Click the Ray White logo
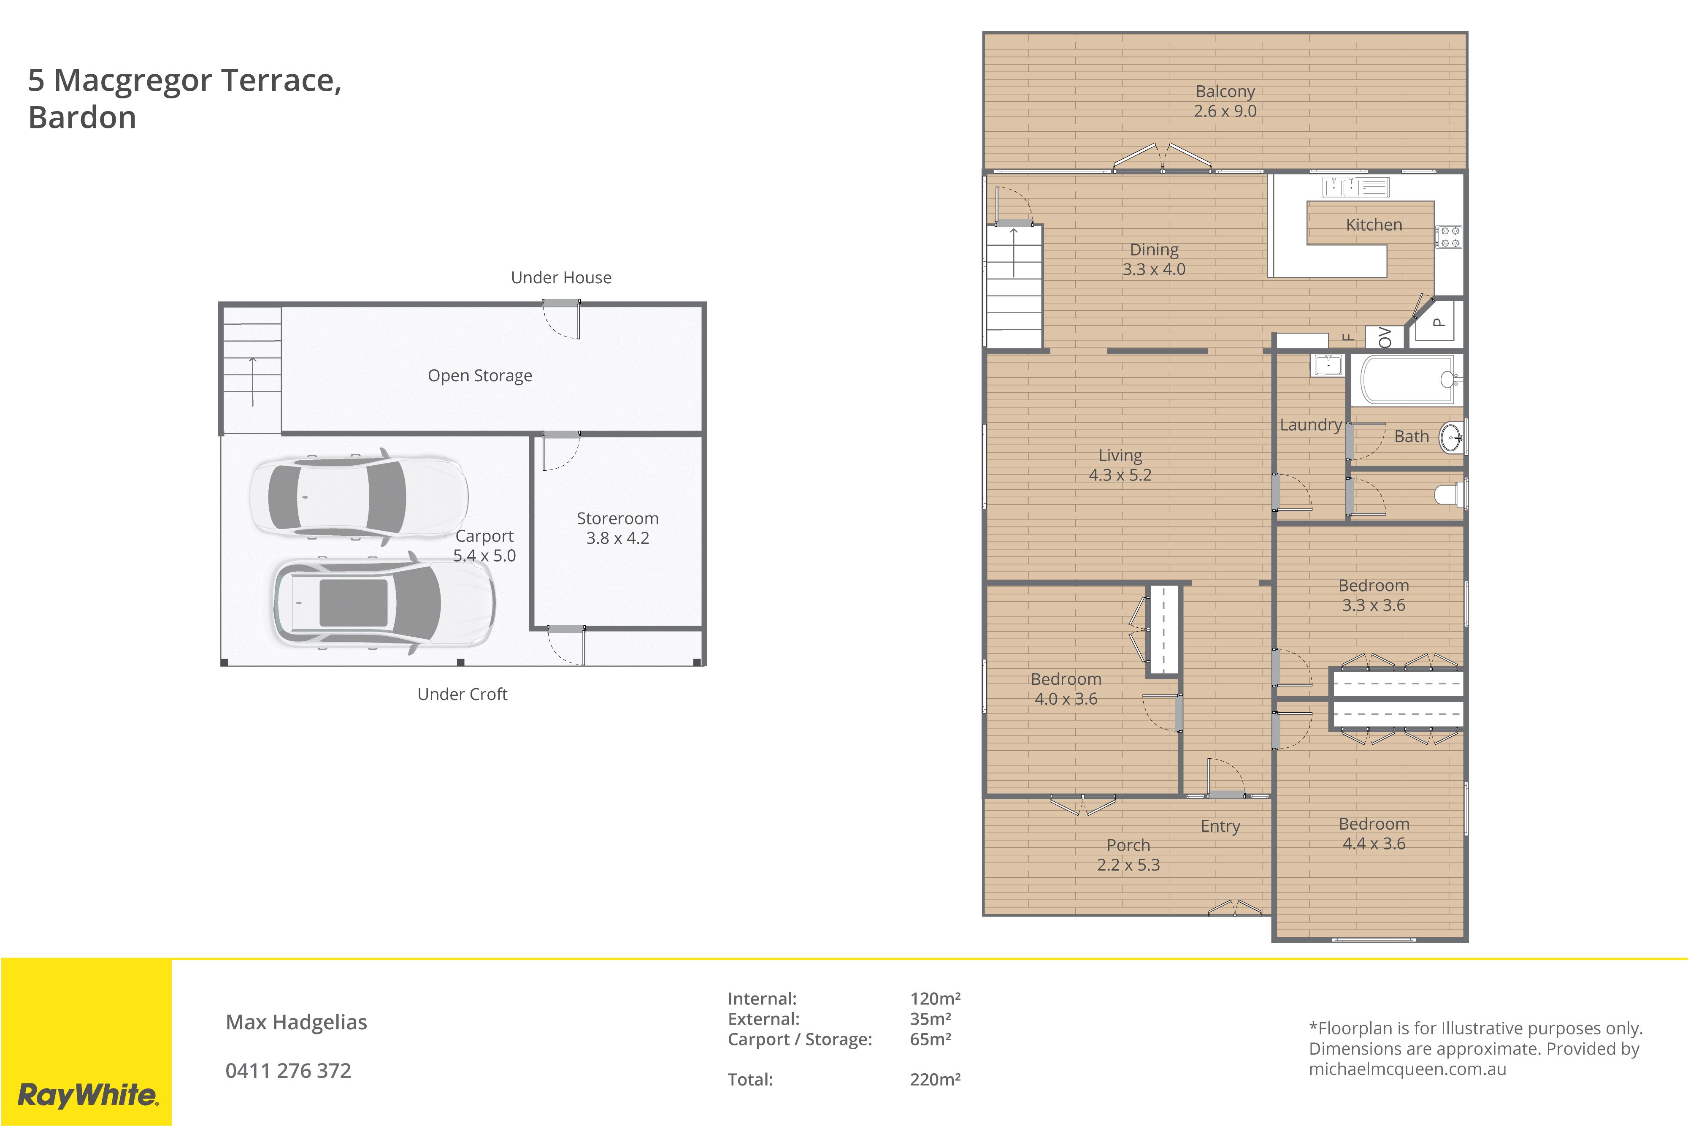coord(87,1095)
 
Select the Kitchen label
coord(1374,225)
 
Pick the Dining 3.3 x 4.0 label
coord(1154,259)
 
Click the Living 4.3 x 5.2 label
coord(1120,464)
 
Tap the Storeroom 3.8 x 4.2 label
coord(617,528)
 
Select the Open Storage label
coord(480,376)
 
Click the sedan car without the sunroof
coord(359,496)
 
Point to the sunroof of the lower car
coord(353,602)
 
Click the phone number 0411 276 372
coord(289,1071)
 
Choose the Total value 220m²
coord(935,1079)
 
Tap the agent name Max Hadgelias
coord(296,1022)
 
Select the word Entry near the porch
coord(1220,827)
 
